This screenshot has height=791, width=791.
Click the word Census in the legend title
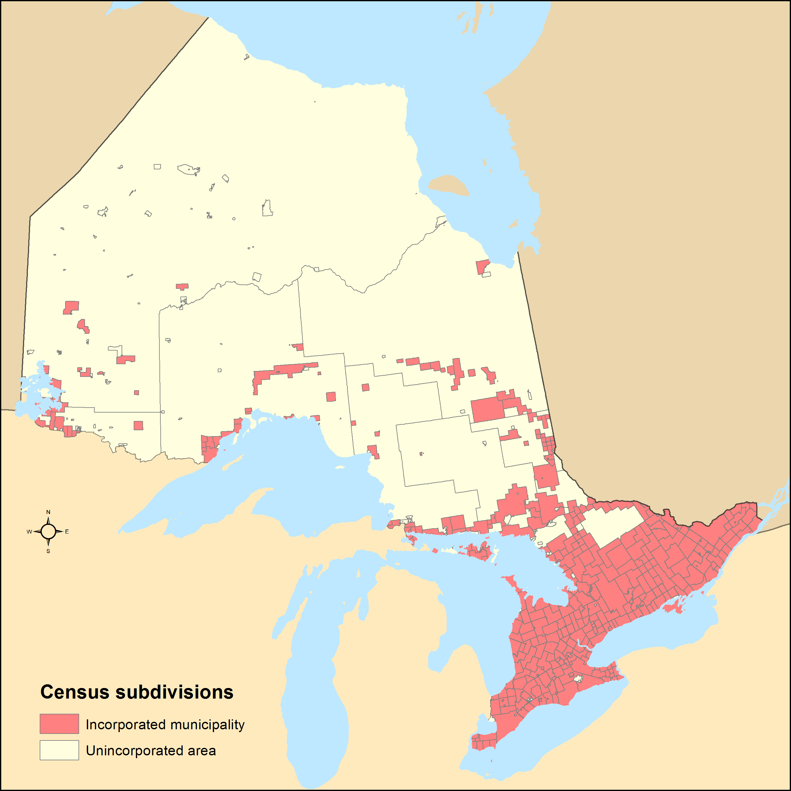click(x=75, y=692)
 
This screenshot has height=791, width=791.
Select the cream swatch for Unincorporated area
click(x=59, y=750)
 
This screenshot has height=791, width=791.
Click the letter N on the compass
click(x=48, y=512)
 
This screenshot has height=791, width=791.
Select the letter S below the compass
click(x=48, y=551)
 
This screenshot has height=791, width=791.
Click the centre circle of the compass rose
click(x=48, y=531)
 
